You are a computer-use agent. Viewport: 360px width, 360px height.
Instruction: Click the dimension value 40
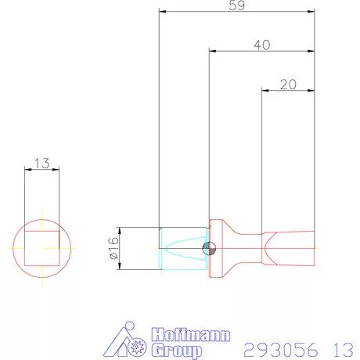coord(262,45)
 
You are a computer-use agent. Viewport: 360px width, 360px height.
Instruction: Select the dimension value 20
coord(287,85)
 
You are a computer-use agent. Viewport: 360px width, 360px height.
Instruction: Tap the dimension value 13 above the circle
coord(42,164)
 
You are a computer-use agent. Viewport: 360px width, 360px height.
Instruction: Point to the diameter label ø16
coord(112,248)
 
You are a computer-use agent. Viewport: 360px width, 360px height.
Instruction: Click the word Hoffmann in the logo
coord(191,333)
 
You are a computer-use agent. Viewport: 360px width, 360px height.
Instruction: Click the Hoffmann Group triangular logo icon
coord(128,341)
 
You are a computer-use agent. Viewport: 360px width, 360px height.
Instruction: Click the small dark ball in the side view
coord(209,248)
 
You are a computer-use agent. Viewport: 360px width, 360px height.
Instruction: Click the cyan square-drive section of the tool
coord(183,248)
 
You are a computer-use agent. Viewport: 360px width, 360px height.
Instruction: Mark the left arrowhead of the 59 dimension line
coord(161,11)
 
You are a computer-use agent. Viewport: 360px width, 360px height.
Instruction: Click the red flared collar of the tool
coord(220,248)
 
